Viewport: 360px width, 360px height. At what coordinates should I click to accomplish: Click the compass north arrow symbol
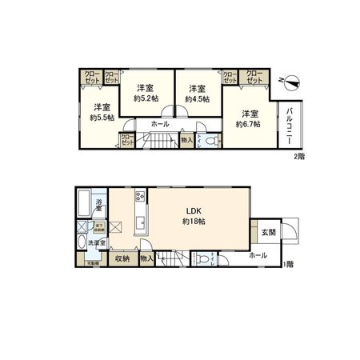click(292, 81)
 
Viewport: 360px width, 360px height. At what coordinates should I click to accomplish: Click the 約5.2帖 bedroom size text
click(146, 98)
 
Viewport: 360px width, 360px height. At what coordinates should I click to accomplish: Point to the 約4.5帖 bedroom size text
click(197, 98)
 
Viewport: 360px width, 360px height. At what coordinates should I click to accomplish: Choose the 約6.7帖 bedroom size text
click(250, 124)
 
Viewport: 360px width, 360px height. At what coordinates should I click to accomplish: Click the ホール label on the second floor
click(158, 125)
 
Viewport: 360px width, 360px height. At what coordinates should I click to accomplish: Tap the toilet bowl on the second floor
click(211, 142)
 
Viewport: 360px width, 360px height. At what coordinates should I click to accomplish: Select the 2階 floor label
click(298, 158)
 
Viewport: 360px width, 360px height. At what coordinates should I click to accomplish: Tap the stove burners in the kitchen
click(139, 196)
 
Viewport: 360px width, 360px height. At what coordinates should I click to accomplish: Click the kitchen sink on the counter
click(139, 222)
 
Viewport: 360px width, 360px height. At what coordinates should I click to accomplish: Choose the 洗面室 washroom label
click(97, 242)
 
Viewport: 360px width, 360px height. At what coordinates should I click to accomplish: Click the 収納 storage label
click(122, 258)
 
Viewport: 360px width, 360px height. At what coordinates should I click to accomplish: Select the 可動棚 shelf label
click(92, 262)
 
